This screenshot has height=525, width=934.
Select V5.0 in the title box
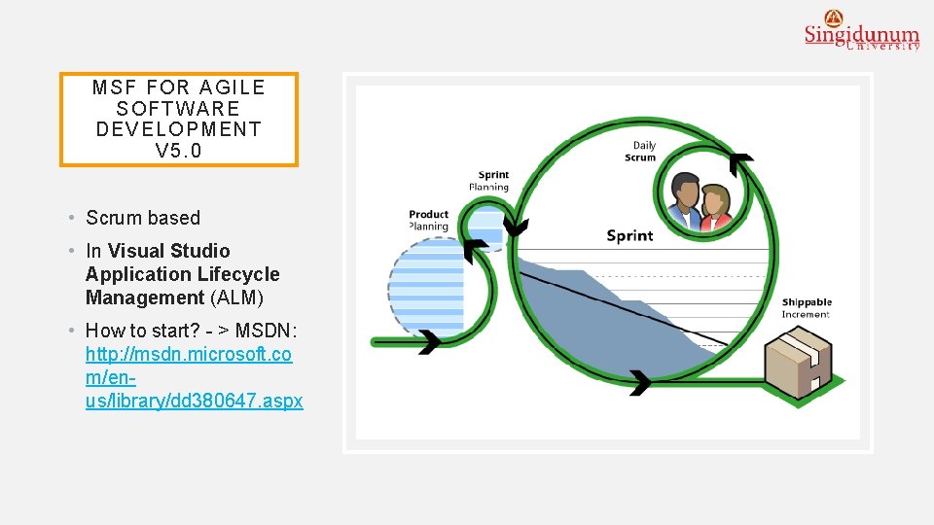point(179,151)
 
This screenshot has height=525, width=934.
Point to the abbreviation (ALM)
point(236,297)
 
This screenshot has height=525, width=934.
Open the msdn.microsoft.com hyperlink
point(194,377)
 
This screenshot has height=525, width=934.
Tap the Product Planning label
point(428,221)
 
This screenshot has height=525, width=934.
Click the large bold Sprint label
point(629,235)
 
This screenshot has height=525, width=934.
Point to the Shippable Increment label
point(807,308)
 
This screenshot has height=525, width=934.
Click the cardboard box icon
point(798,361)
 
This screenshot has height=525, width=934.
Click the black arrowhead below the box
point(640,382)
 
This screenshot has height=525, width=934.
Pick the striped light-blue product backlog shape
point(425,284)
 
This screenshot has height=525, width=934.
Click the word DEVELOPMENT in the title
point(179,129)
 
